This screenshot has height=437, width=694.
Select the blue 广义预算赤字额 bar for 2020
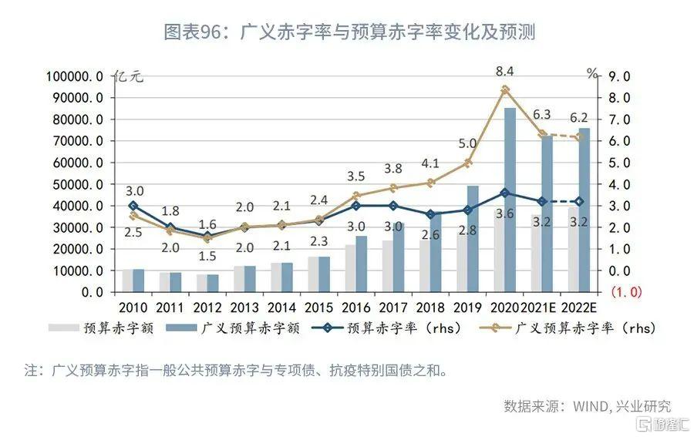pyautogui.click(x=510, y=200)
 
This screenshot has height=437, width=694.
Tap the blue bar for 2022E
pyautogui.click(x=585, y=210)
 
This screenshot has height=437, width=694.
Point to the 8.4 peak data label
pyautogui.click(x=506, y=71)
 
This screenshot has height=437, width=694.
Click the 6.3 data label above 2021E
pyautogui.click(x=542, y=114)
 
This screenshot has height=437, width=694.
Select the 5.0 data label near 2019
pyautogui.click(x=467, y=143)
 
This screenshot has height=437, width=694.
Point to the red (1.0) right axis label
pyautogui.click(x=626, y=293)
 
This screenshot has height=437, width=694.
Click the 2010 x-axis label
pyautogui.click(x=133, y=306)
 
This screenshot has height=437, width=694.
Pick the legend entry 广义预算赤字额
pyautogui.click(x=251, y=328)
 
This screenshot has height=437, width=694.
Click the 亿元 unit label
pyautogui.click(x=128, y=76)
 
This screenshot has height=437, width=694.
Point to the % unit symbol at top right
pyautogui.click(x=591, y=74)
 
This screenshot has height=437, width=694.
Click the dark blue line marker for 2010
pyautogui.click(x=133, y=206)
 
